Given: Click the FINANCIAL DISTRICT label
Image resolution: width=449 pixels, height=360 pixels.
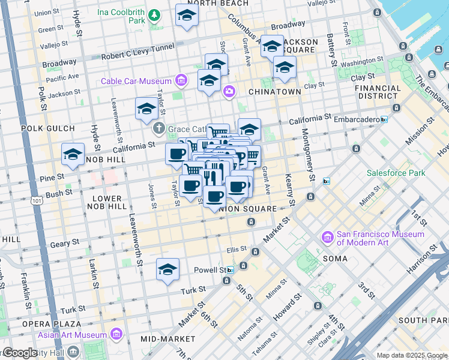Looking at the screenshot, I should [x=377, y=92].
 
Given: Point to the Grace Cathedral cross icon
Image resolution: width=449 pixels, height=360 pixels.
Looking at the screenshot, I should [x=159, y=128].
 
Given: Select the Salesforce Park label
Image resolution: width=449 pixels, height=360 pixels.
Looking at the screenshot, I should [x=396, y=173].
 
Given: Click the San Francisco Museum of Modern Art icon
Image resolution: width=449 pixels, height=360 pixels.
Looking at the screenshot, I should [x=328, y=238].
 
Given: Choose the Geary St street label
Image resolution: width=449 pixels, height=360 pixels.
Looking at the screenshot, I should [x=64, y=243].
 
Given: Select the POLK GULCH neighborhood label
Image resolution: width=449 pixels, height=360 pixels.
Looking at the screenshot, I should [x=48, y=128].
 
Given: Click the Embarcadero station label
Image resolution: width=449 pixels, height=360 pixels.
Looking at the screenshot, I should [x=360, y=119].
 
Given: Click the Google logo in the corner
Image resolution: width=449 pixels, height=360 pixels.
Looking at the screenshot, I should [x=19, y=353].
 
